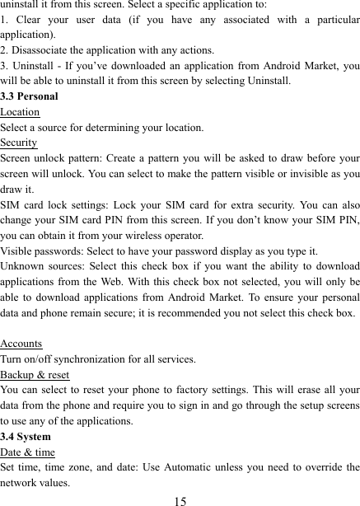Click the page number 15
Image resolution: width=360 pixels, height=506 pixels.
(x=180, y=499)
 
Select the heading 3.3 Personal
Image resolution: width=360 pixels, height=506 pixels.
(x=30, y=96)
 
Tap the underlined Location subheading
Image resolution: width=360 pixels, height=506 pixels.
(x=20, y=112)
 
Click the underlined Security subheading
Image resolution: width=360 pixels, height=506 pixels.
(x=19, y=143)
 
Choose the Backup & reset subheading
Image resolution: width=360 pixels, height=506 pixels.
(x=35, y=374)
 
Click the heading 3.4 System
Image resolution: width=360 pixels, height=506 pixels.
(x=26, y=437)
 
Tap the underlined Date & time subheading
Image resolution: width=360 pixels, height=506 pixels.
(x=28, y=452)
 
